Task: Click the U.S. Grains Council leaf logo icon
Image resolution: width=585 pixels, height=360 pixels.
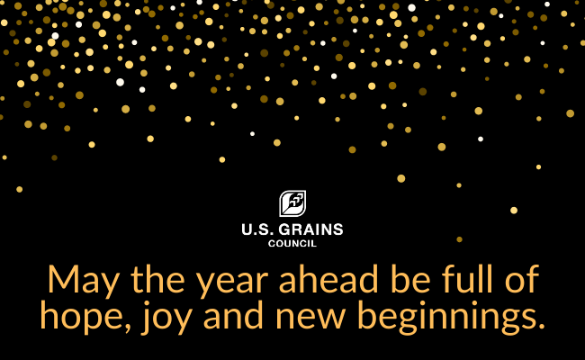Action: click(x=292, y=203)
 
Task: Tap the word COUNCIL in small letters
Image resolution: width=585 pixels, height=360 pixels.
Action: click(x=292, y=243)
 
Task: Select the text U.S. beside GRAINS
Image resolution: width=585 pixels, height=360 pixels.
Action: click(x=255, y=229)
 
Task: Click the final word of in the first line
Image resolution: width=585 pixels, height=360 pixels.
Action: click(x=517, y=279)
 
